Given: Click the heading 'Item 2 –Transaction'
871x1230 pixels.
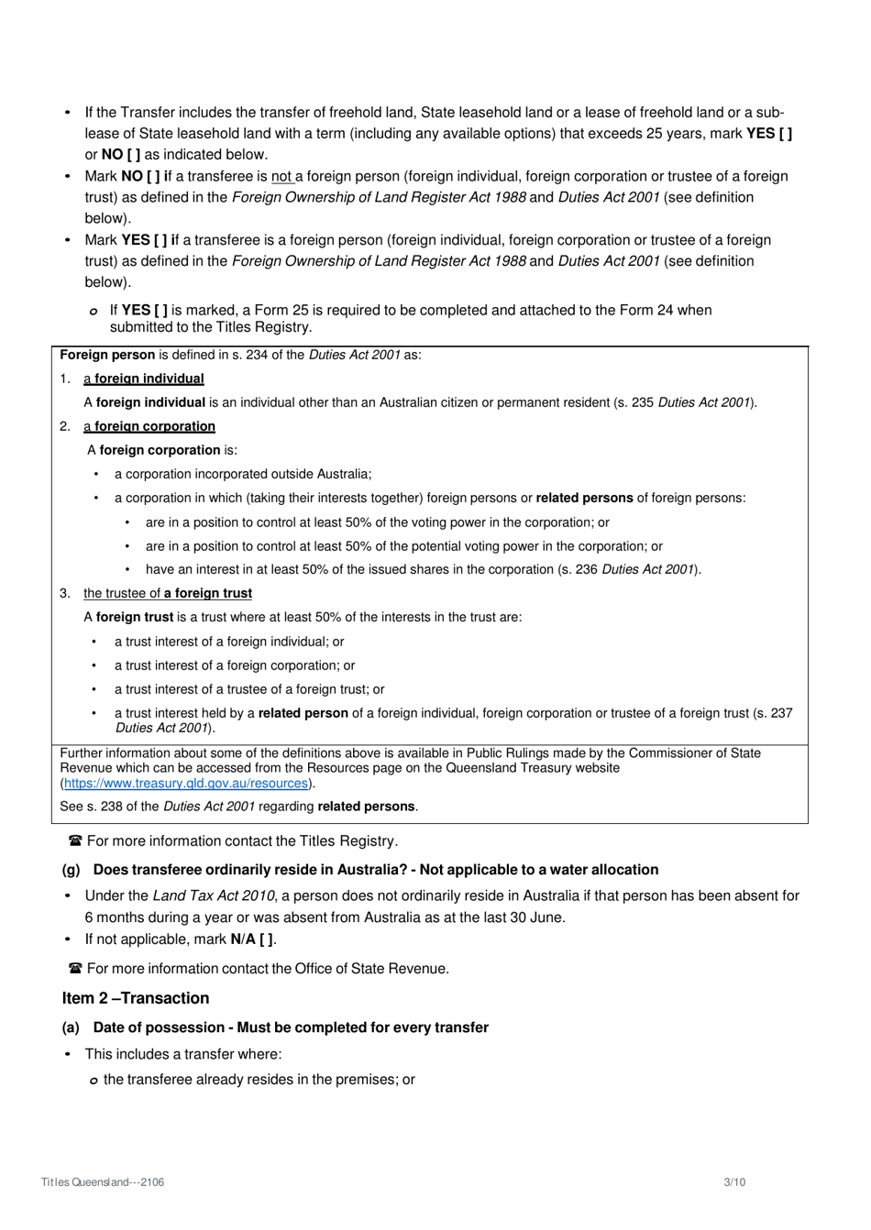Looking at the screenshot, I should coord(136,998).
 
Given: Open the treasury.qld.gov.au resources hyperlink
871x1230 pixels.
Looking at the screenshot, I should coord(186,784).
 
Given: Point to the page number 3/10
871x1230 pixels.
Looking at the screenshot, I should coord(734,1182).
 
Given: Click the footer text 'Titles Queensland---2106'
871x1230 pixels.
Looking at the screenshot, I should coord(103,1182).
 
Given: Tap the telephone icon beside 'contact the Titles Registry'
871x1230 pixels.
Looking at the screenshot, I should coord(75,841).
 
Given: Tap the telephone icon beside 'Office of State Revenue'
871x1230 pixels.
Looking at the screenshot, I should coord(75,969).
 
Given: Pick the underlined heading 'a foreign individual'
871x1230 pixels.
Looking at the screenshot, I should coord(144,379).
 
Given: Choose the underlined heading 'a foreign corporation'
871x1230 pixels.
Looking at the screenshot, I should coord(149,426).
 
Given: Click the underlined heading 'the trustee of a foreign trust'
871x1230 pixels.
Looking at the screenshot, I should coord(168,593).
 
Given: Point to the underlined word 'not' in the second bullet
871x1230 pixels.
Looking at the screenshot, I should coord(281,176).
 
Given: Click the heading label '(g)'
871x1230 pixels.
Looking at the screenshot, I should coord(71,870).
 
